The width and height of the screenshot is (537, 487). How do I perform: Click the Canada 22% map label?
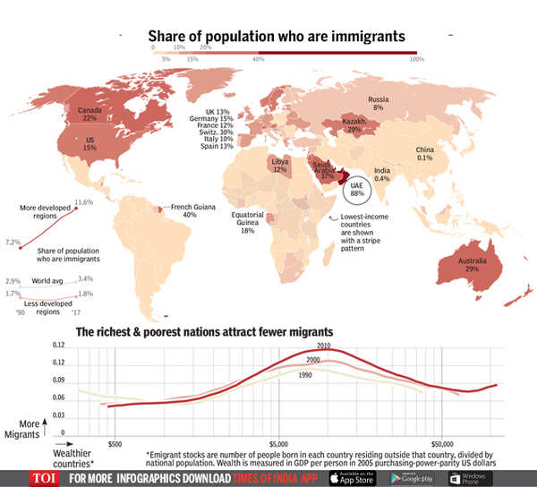point(90,113)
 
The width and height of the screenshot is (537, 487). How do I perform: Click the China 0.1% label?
point(425,153)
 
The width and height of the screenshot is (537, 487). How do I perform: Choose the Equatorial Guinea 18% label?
point(247,223)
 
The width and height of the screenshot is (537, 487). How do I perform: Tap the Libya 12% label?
point(280,167)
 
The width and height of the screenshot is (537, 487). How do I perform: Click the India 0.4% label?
point(382,174)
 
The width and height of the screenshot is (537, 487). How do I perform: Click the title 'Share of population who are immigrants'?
point(277,36)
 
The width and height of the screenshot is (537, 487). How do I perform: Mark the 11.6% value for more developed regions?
point(84,202)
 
